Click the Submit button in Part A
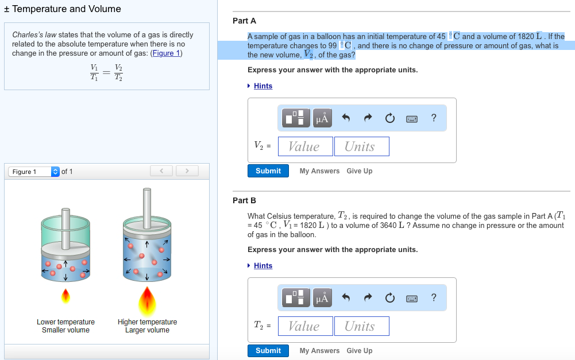(x=268, y=171)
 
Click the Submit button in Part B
(x=268, y=351)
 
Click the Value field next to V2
(x=305, y=146)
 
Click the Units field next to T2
(x=361, y=326)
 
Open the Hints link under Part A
(x=263, y=86)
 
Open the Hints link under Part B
(x=263, y=266)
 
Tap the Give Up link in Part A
(x=359, y=171)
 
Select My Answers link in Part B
(x=319, y=351)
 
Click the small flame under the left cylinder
(x=65, y=296)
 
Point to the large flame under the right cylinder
(x=148, y=299)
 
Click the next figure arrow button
(x=187, y=171)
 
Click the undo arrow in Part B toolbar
(x=346, y=297)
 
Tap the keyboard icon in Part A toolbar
(x=411, y=118)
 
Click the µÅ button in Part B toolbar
(x=322, y=297)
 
